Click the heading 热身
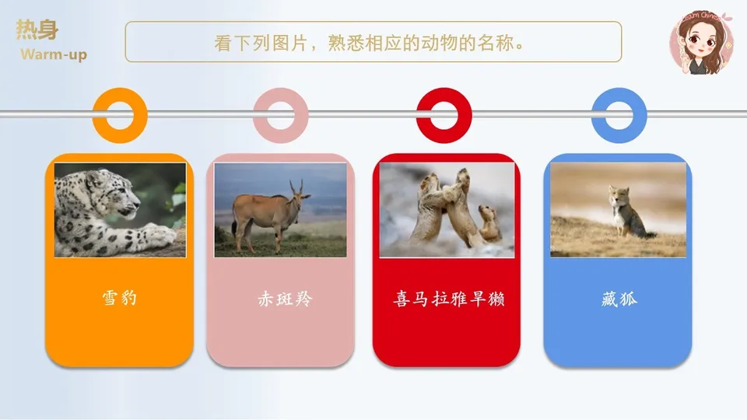(37, 30)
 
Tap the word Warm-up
(54, 54)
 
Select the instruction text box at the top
(373, 41)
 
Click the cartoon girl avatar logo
(702, 43)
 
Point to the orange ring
(120, 115)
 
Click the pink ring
(281, 115)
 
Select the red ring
(444, 115)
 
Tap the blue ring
(619, 115)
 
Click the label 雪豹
(119, 298)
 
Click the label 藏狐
(619, 299)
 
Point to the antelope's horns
(296, 187)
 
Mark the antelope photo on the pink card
(280, 209)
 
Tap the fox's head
(619, 194)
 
